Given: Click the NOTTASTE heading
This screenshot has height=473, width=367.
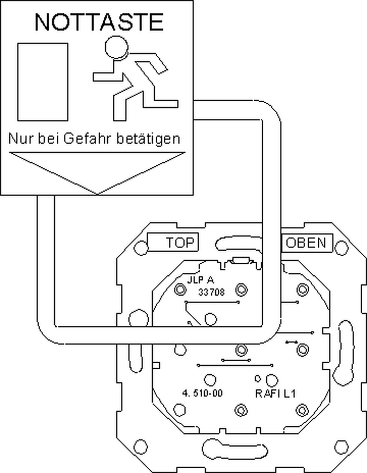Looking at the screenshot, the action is point(99,22).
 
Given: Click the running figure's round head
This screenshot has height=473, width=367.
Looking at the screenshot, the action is point(117,47).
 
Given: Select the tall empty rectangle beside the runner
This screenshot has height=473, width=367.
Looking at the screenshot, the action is point(43,82).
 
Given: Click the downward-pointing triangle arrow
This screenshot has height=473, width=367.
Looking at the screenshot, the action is point(97,173).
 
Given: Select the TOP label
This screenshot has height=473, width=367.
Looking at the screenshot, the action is point(180,243).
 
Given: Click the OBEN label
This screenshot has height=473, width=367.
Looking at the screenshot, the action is point(306,243).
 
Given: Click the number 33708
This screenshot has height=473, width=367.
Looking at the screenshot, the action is point(211,292).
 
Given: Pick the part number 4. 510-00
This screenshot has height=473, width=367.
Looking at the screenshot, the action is point(203,393).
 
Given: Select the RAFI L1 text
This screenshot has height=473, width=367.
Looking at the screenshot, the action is point(275,393).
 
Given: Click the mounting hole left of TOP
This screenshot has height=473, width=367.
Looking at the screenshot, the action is point(140,247).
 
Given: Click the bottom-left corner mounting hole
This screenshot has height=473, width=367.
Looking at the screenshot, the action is point(140,447).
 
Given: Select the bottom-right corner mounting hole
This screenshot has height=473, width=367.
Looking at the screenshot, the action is point(341,447).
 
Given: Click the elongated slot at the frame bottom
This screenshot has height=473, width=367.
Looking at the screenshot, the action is point(235,448).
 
